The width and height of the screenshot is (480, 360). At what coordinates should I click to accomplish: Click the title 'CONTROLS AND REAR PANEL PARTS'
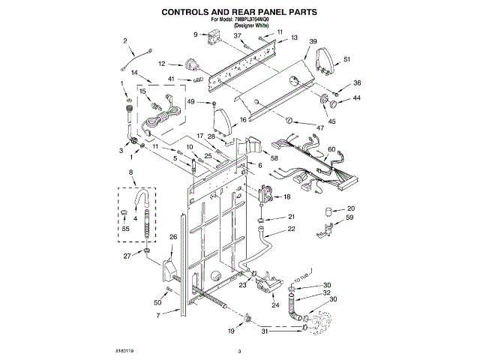[239, 13]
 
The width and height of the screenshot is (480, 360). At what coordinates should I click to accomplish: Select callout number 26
[172, 238]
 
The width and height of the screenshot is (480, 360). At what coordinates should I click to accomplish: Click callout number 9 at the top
[196, 34]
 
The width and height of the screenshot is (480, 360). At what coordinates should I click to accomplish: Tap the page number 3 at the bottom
[239, 351]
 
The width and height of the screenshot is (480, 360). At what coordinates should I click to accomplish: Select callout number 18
[286, 196]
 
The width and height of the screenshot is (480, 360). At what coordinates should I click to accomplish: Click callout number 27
[127, 256]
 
